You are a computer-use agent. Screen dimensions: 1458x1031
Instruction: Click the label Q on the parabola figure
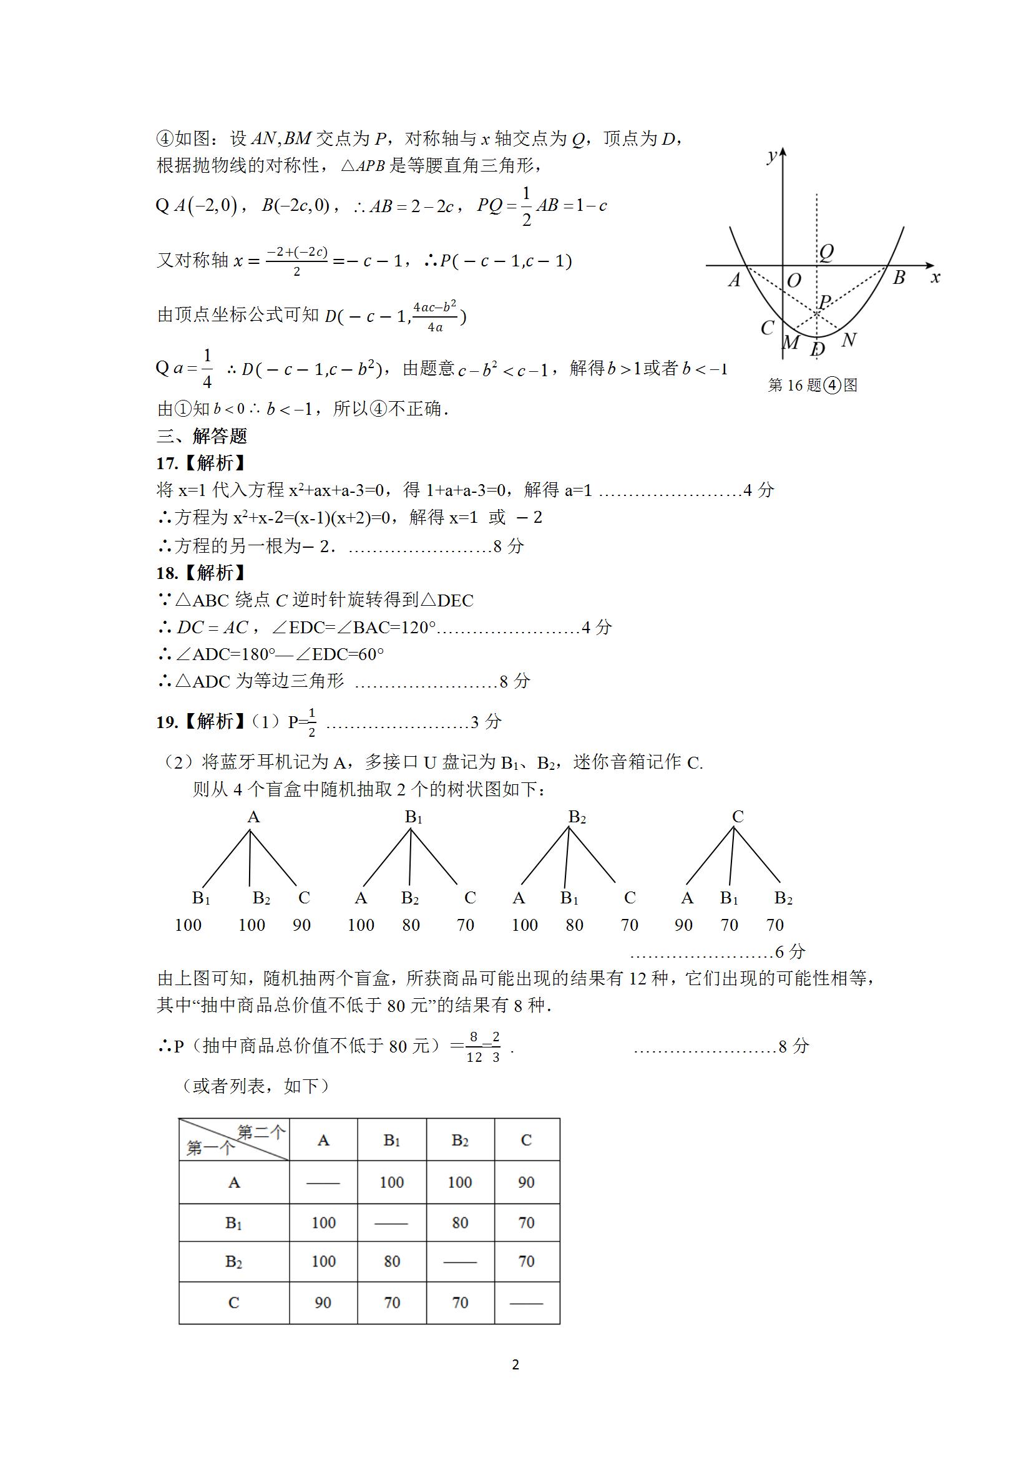click(826, 253)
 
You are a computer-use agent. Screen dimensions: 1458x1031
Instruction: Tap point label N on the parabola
click(849, 341)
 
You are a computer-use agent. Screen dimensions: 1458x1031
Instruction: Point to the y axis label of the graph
click(772, 155)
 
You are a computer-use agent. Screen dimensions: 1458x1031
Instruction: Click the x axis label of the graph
click(935, 278)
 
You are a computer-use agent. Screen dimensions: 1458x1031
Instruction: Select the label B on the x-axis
click(899, 278)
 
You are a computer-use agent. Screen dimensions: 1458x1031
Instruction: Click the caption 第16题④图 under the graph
click(813, 385)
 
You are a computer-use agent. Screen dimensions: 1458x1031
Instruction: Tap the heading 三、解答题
click(202, 436)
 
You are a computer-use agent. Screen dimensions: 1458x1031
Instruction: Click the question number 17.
click(167, 464)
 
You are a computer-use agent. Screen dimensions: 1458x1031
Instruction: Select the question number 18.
click(167, 573)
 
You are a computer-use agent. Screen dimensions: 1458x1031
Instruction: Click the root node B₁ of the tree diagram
click(414, 817)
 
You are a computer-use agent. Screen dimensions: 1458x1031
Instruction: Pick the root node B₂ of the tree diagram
click(577, 817)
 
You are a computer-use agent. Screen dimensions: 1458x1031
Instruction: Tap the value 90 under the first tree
click(301, 925)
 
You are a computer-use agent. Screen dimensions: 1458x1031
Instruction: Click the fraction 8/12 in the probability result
click(474, 1046)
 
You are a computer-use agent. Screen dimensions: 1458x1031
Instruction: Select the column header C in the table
click(526, 1140)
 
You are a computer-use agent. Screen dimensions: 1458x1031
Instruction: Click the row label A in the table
click(234, 1182)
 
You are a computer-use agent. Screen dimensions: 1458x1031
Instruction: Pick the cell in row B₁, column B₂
click(459, 1222)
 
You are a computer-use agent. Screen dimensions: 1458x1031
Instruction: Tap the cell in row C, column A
click(323, 1303)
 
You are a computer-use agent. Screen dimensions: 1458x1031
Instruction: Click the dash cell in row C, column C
click(526, 1303)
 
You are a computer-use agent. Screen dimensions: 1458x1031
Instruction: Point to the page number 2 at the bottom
click(515, 1382)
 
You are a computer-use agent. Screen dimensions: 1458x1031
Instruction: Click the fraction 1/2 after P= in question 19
click(311, 722)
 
